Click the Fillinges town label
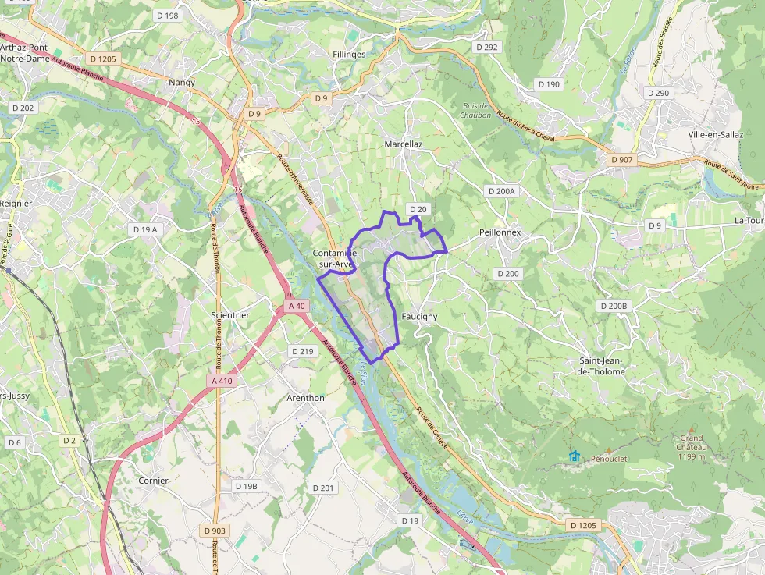coord(348,55)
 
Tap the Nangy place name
coord(182,82)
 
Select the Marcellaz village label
coord(404,144)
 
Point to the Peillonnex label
coord(500,233)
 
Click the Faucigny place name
coord(419,317)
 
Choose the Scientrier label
coord(230,315)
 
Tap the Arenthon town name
coord(305,398)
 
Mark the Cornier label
coord(153,481)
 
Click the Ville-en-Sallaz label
coord(716,134)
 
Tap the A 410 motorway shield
coord(222,381)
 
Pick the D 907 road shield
coord(622,160)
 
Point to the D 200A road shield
coord(501,191)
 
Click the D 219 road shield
coord(302,351)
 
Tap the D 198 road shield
coord(167,16)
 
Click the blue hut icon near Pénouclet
coord(575,456)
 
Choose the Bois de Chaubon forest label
coord(476,110)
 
